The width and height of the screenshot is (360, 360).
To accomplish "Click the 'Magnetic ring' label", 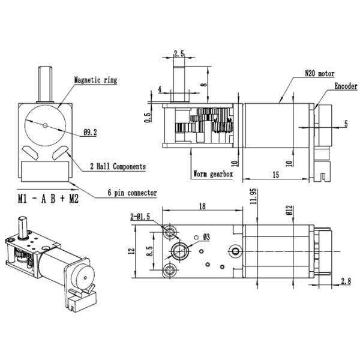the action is pos(95,80).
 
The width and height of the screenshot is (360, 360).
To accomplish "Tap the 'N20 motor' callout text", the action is pos(320,73).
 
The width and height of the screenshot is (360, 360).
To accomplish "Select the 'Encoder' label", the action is pos(346,86).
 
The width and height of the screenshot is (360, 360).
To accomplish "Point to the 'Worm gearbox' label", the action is pos(213,174).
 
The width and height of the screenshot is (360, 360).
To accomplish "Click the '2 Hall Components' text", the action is pos(118,166).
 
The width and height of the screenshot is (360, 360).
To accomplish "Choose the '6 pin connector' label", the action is pos(133,193).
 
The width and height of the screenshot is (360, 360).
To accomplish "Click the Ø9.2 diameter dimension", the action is pos(90,132).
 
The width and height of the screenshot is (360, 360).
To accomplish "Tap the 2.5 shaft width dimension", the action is pos(179,54).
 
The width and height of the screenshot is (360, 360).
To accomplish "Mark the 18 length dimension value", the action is pos(202,206).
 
